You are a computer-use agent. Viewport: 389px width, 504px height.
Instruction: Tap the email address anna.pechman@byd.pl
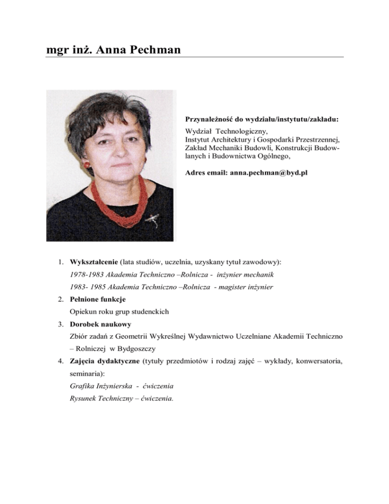[268, 173]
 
